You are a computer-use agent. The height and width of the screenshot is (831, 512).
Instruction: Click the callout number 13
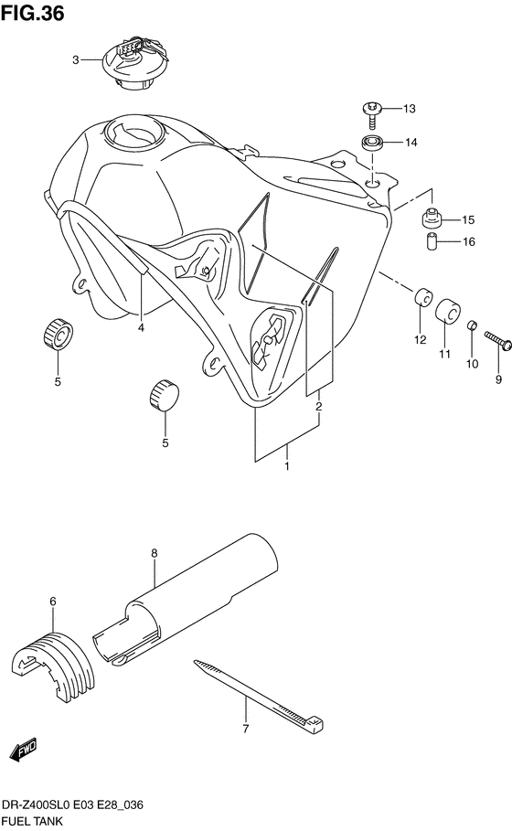click(x=409, y=109)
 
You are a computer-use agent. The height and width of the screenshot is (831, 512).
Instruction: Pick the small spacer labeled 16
click(x=432, y=243)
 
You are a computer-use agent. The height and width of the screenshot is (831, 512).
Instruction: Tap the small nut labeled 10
click(x=471, y=325)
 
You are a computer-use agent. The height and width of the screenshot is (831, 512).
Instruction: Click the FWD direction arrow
click(x=23, y=749)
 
